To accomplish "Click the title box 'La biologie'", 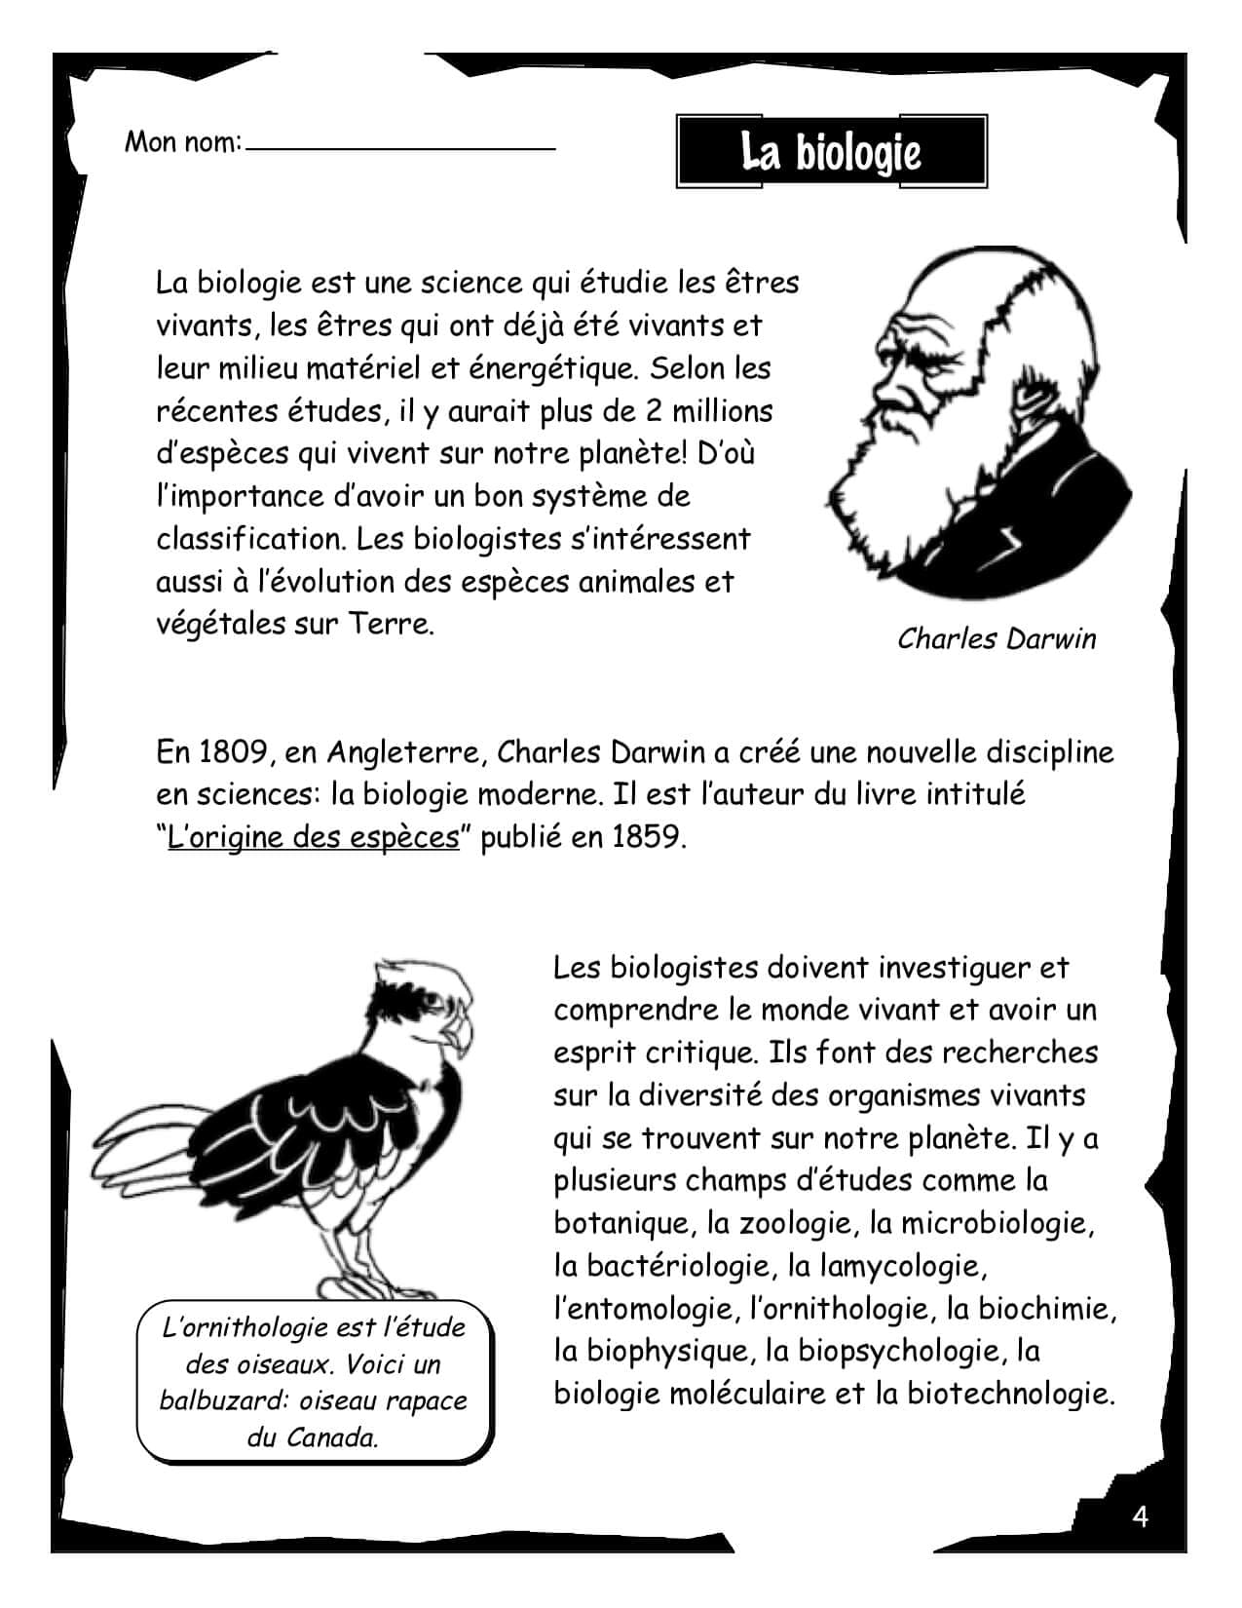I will (x=831, y=152).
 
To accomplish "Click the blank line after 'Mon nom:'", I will (x=400, y=147).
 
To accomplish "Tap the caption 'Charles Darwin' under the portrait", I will (x=997, y=639).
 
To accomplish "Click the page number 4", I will (x=1141, y=1516).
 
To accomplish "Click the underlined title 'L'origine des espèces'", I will (x=313, y=838).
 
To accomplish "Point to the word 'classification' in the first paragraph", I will (x=248, y=539).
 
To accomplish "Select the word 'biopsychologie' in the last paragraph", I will (x=897, y=1351).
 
